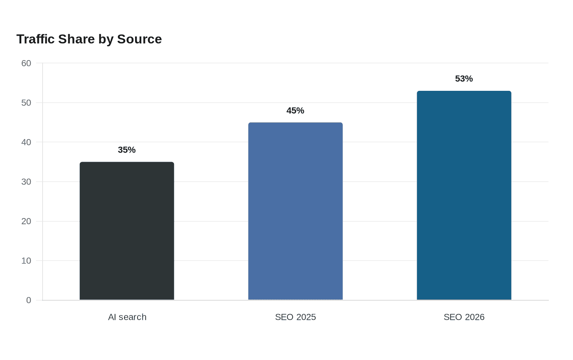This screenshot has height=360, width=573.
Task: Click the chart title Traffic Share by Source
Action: tap(89, 39)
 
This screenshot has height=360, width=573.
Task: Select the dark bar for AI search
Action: tap(127, 231)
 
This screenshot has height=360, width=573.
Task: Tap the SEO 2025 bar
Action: tap(296, 211)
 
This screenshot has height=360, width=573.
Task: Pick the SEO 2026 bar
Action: tap(464, 196)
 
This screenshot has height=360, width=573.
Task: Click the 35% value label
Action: tap(126, 150)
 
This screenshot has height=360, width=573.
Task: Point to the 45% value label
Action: tap(295, 110)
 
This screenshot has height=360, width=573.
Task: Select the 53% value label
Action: tap(464, 79)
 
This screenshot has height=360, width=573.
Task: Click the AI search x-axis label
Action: tap(127, 317)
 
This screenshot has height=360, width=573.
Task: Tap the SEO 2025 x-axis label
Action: tap(296, 317)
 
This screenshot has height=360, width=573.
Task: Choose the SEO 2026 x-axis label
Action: tap(464, 317)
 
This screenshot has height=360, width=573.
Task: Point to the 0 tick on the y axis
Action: tap(29, 300)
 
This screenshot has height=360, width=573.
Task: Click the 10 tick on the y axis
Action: tap(26, 261)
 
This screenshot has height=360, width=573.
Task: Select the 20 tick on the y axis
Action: tap(26, 221)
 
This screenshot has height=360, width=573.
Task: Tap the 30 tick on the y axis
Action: tap(26, 182)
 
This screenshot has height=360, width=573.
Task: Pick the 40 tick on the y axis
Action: tap(26, 142)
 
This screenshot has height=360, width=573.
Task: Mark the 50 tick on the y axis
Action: tap(26, 103)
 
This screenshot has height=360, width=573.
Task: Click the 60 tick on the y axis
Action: tap(26, 63)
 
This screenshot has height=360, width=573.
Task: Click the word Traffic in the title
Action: tap(36, 39)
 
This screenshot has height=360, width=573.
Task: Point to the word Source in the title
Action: tap(140, 39)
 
